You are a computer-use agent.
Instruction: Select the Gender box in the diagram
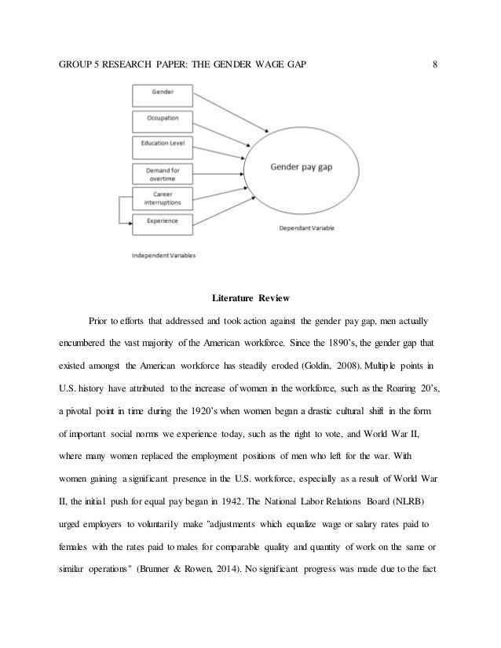coord(160,93)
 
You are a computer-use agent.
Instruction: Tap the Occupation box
coord(160,119)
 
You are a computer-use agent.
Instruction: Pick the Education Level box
coord(160,146)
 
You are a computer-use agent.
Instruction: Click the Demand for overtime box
coord(160,173)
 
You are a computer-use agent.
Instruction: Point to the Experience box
coord(160,222)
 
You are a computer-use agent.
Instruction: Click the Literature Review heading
coord(251,299)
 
